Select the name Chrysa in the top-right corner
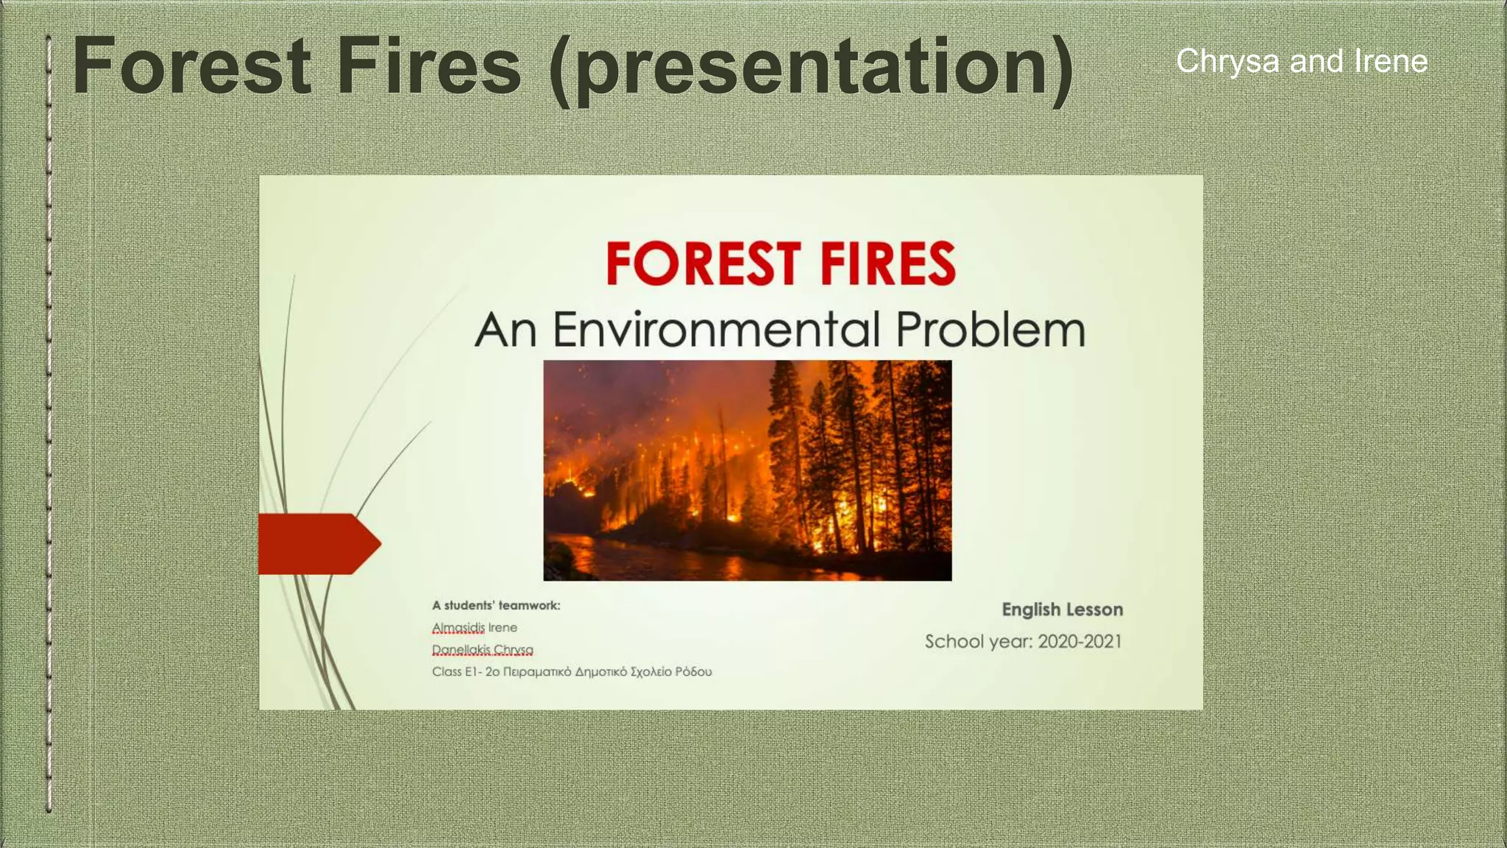pos(1227,61)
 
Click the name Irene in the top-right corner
pos(1391,61)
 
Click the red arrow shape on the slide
pos(316,544)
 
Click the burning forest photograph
pos(747,456)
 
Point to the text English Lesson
pos(1062,609)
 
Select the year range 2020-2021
pos(1079,642)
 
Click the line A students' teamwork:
pos(496,606)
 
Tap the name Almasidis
pos(458,628)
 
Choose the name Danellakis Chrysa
pos(483,650)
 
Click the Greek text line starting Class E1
pos(571,672)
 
